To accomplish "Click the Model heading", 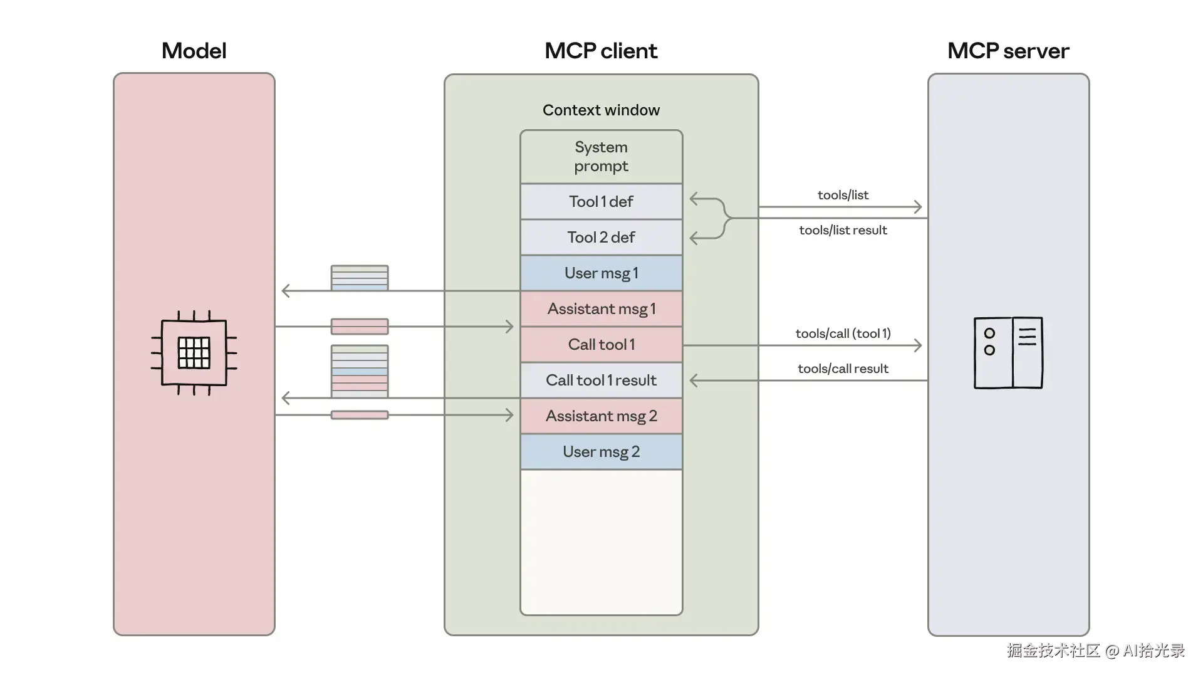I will (194, 51).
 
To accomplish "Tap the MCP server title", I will (1008, 51).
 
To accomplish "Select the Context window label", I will (601, 110).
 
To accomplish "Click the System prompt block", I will (601, 157).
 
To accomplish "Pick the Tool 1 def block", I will (601, 202).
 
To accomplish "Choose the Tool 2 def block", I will (601, 238).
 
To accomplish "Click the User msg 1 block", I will (601, 273).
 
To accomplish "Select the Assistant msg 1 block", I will (601, 309).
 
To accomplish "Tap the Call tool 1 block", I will (601, 345).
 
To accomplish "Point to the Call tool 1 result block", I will (601, 380).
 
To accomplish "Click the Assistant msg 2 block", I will (601, 416).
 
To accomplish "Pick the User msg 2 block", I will (601, 452).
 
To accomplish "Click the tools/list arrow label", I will (843, 195).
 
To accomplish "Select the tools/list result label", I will (843, 230).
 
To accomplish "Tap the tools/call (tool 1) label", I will (843, 333).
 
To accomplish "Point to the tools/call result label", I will (843, 369).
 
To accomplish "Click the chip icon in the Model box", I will (194, 352).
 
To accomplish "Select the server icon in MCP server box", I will (1008, 352).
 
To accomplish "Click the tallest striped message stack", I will (360, 371).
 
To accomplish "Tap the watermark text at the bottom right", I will (1095, 651).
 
